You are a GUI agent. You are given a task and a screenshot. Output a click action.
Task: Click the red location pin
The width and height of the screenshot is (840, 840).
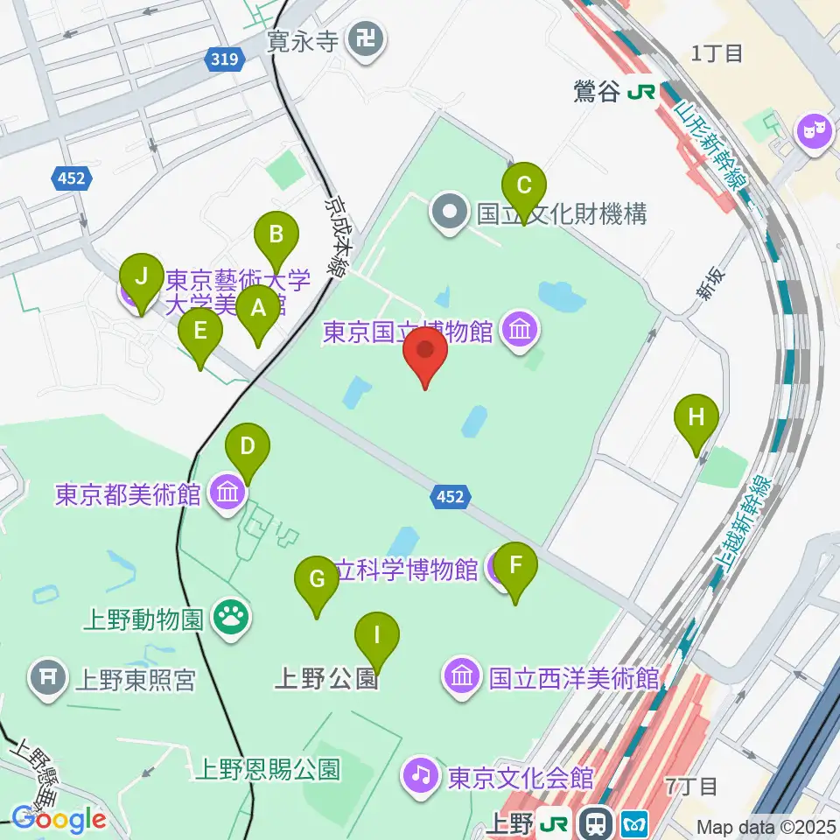tap(425, 353)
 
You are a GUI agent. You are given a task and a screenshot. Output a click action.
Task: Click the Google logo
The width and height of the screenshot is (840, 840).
tap(59, 819)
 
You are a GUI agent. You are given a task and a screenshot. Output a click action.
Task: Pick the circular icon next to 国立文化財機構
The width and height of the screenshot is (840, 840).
tap(450, 212)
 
